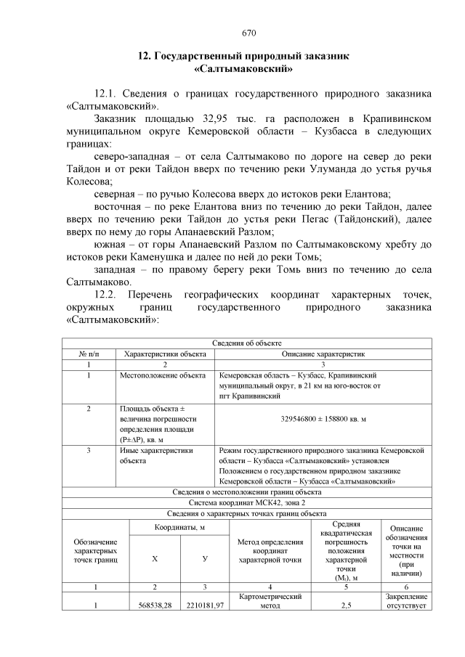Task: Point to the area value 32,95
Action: pos(206,118)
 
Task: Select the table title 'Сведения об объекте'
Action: pos(246,343)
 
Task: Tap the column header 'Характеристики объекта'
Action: pos(166,354)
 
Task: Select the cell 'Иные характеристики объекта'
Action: pos(155,455)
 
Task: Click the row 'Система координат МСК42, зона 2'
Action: pos(246,502)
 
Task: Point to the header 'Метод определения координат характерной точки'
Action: pos(270,551)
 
